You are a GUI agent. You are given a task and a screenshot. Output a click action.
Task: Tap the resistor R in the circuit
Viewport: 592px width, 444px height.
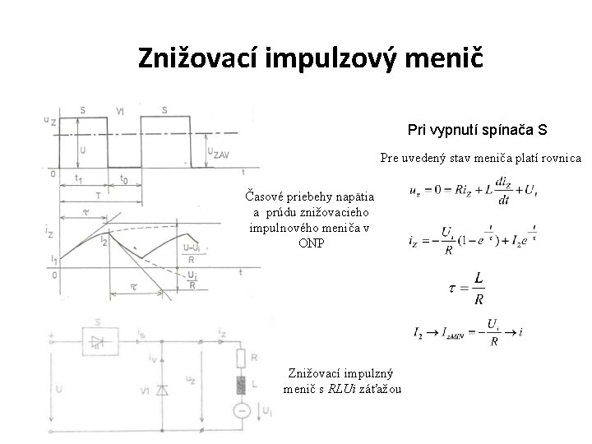pyautogui.click(x=241, y=358)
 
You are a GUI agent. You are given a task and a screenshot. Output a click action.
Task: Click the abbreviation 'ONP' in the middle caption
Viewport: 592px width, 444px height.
pyautogui.click(x=311, y=243)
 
